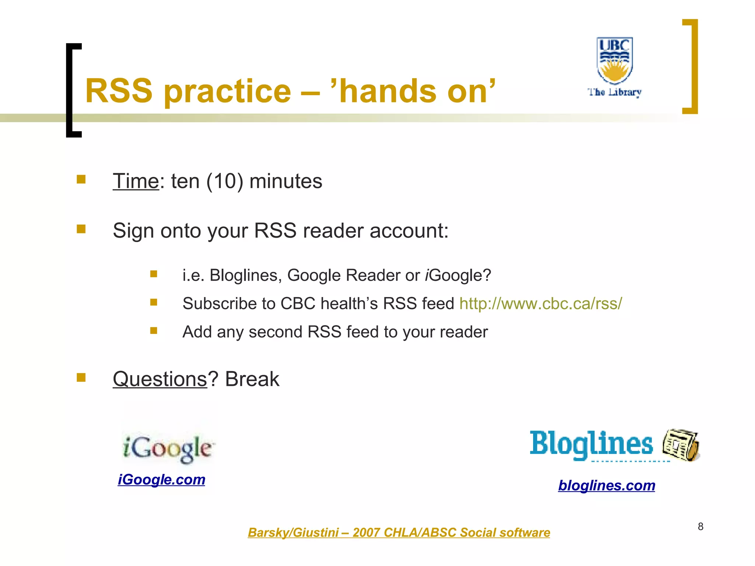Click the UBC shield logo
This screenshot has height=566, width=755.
point(615,60)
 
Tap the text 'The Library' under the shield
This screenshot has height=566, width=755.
point(615,92)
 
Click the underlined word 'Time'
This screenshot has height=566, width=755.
point(136,181)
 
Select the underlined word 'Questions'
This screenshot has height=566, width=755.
point(160,379)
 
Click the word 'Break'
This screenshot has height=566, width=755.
point(252,379)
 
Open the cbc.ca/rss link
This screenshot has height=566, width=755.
point(540,304)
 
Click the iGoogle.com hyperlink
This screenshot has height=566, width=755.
point(161,480)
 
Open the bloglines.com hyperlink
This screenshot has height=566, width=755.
point(606,486)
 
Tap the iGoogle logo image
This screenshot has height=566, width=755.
point(168,448)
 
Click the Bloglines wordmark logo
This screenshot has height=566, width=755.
point(591,444)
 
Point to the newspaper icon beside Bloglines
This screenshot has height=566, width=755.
point(681,445)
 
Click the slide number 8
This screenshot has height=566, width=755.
point(700,527)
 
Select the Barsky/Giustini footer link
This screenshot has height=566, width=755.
point(399,533)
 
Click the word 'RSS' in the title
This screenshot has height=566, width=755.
point(119,91)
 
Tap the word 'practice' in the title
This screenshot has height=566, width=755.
point(227,91)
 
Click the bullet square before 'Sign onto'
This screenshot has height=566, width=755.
point(81,229)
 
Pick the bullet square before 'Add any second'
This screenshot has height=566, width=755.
point(154,331)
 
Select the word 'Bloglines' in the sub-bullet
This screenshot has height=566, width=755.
point(243,275)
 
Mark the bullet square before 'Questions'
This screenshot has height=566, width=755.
point(81,377)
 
